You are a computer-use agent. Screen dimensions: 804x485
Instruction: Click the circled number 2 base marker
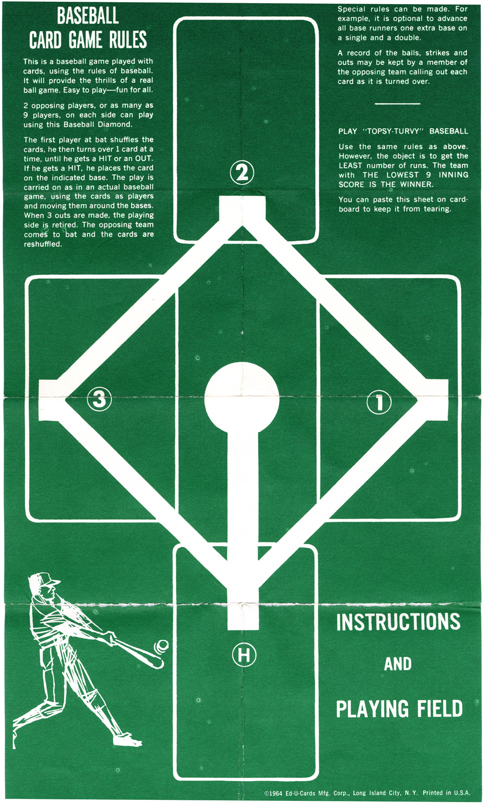(242, 173)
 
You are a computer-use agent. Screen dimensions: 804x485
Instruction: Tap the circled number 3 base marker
(99, 399)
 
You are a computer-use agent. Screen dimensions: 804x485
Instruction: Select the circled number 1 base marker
(379, 402)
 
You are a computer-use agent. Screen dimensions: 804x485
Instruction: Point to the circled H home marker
(244, 655)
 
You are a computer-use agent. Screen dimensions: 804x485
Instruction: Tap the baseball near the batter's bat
(162, 646)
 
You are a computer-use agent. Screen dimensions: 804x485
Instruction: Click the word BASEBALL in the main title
(88, 16)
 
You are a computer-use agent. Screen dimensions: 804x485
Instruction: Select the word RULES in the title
(128, 40)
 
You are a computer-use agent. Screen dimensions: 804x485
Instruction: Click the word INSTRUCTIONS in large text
(398, 622)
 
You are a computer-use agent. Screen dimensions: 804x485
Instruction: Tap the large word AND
(398, 664)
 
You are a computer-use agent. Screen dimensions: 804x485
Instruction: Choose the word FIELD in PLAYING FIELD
(440, 709)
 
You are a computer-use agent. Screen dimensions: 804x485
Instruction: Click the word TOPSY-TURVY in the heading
(393, 131)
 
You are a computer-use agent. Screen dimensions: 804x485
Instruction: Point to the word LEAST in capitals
(351, 165)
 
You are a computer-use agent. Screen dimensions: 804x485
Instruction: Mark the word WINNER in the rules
(416, 184)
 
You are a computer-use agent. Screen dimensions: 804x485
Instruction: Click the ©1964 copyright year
(273, 793)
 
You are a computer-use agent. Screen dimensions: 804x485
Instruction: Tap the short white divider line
(397, 104)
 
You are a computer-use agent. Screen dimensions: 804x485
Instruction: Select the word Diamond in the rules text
(115, 124)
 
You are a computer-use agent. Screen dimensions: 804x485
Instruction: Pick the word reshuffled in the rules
(43, 244)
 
